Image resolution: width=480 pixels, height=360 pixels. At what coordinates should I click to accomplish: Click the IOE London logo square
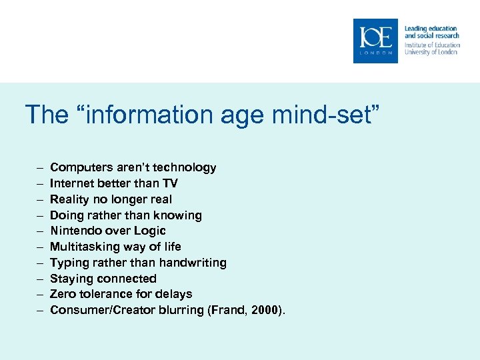click(375, 41)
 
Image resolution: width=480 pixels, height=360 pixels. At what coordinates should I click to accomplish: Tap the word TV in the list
click(170, 183)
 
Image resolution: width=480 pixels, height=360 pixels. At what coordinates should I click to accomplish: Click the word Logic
click(150, 231)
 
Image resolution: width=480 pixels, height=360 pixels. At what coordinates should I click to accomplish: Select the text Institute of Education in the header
click(432, 45)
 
